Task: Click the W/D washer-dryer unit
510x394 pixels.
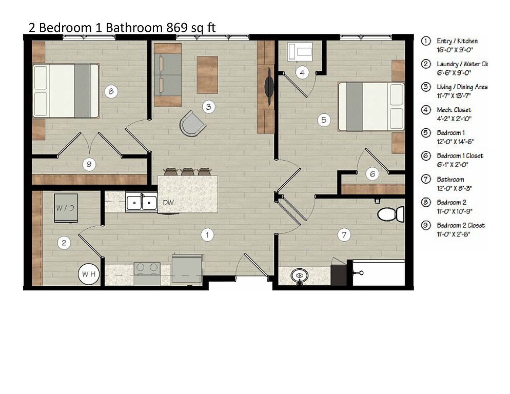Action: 66,208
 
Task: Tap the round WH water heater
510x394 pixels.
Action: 89,274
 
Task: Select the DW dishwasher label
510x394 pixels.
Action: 168,203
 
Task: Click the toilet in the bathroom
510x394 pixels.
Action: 390,214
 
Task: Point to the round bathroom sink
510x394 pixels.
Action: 300,276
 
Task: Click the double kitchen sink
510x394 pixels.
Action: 142,203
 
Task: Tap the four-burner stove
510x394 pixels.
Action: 147,273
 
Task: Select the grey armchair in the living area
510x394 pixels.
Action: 192,124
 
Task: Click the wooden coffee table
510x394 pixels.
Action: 207,74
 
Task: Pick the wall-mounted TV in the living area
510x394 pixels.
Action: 269,87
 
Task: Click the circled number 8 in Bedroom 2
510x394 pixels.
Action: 111,91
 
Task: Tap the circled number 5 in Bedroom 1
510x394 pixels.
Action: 324,120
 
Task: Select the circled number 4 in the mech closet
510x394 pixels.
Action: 302,72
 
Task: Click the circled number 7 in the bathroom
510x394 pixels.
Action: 344,234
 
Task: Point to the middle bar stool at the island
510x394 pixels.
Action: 188,171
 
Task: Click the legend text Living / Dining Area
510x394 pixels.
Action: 462,87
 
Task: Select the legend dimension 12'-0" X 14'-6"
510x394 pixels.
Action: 455,142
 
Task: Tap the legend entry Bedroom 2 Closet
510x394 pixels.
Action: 461,225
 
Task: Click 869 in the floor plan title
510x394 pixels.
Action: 177,28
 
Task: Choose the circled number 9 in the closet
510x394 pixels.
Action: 89,164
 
